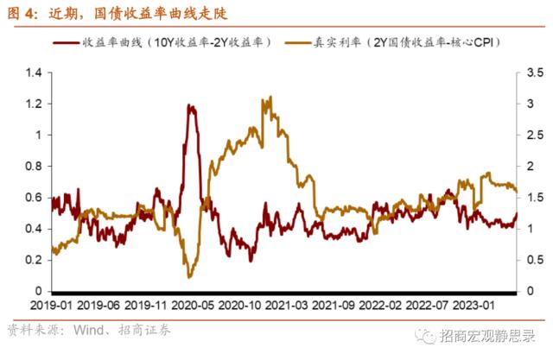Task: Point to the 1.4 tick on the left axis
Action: click(x=34, y=73)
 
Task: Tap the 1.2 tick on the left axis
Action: click(x=34, y=104)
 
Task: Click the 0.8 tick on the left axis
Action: click(x=34, y=166)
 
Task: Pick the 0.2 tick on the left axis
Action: click(x=34, y=259)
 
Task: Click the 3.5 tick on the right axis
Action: click(x=533, y=73)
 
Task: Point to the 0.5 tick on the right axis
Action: click(x=533, y=259)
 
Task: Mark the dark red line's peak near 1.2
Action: click(x=189, y=106)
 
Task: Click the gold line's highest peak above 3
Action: click(x=270, y=98)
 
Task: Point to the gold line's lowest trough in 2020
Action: click(x=189, y=276)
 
